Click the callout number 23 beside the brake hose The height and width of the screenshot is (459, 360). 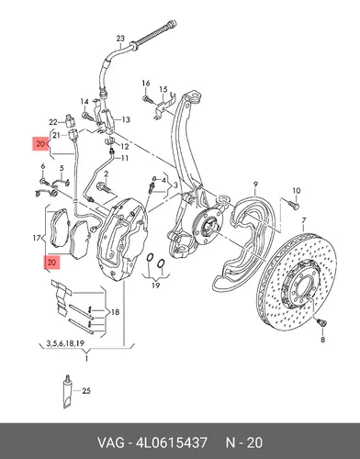pos(120,39)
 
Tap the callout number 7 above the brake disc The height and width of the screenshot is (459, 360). pos(304,220)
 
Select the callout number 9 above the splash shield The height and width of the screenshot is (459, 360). pos(256,185)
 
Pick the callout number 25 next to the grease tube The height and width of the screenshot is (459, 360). pos(86,391)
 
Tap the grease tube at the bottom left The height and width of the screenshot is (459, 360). pos(67,392)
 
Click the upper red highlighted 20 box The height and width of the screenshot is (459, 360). pos(40,143)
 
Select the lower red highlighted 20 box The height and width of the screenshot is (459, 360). pos(51,263)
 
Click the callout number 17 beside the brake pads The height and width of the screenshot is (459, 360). pos(37,238)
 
